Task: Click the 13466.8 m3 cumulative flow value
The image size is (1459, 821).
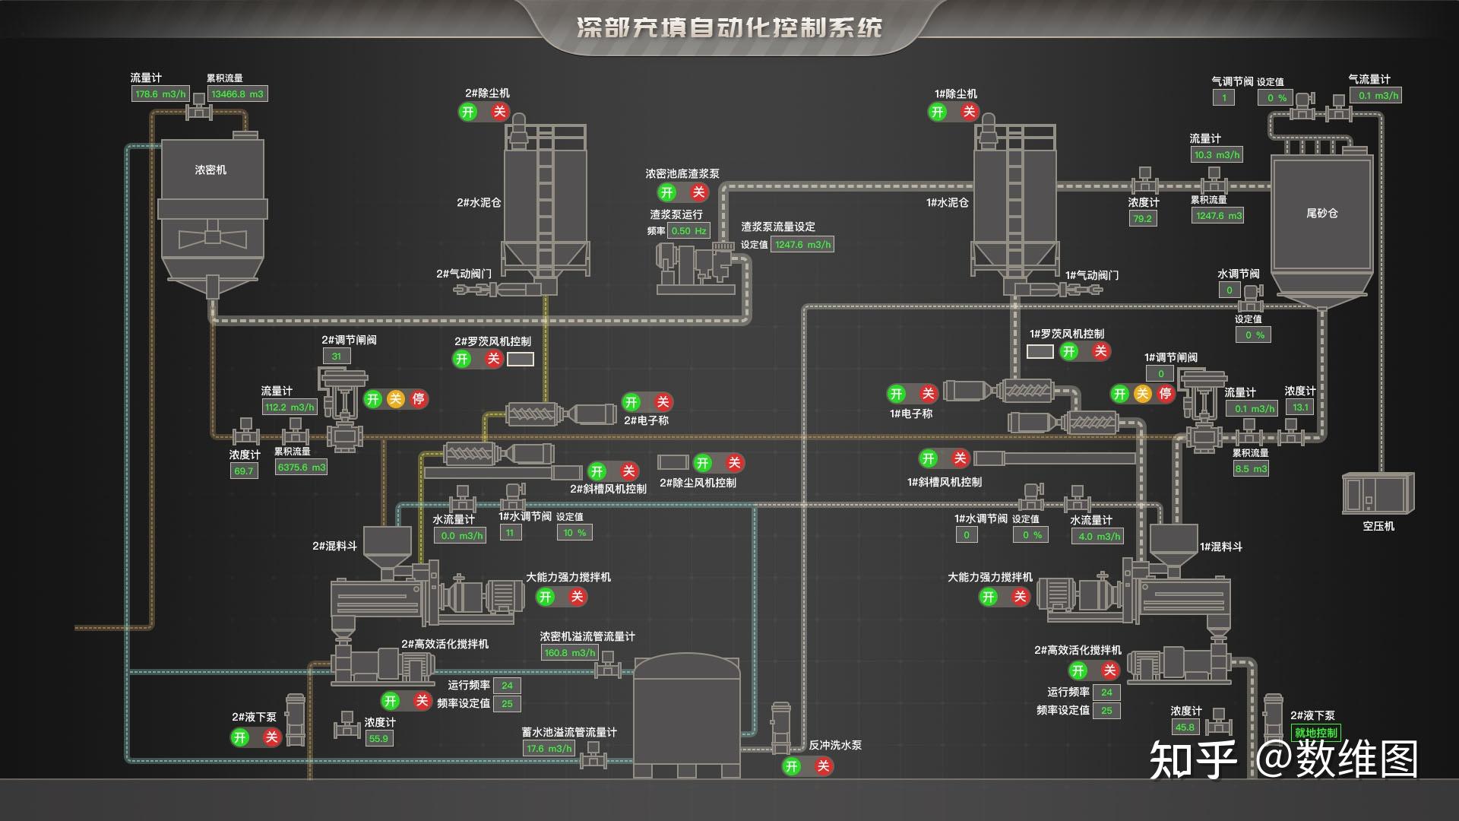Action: click(x=237, y=94)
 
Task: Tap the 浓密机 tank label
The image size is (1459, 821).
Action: click(x=210, y=170)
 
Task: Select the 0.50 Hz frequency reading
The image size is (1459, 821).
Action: click(x=688, y=231)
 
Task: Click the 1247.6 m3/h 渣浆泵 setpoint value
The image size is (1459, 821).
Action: click(x=802, y=245)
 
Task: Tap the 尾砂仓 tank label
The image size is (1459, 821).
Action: click(x=1321, y=214)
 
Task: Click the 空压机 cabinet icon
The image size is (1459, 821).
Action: click(x=1377, y=493)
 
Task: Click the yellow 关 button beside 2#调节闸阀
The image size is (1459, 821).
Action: click(x=395, y=399)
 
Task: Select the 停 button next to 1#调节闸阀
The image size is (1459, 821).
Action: click(x=1165, y=394)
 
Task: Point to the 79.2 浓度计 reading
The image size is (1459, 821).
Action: click(x=1142, y=219)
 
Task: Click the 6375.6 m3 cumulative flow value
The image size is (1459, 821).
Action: click(x=301, y=468)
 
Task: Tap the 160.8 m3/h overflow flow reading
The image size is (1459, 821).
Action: click(x=569, y=653)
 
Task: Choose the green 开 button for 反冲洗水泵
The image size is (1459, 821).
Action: click(x=792, y=766)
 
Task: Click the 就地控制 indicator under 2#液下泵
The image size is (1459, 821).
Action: click(x=1315, y=733)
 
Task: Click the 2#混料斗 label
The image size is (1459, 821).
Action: click(x=334, y=546)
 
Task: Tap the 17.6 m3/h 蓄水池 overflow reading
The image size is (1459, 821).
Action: click(x=549, y=749)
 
